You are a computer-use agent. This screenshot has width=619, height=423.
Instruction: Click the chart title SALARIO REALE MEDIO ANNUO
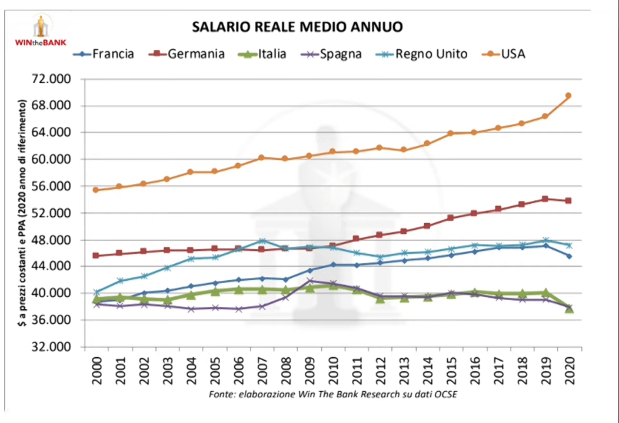[x=298, y=27]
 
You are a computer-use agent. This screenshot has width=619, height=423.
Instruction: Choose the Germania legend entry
[x=187, y=54]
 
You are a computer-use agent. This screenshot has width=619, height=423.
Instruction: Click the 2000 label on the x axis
[x=96, y=370]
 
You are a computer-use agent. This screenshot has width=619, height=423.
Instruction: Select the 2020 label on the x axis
[x=569, y=370]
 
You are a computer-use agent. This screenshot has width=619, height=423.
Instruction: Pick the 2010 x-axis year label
[x=332, y=370]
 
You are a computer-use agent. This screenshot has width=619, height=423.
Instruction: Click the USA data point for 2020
[x=568, y=95]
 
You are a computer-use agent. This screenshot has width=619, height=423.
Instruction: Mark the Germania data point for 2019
[x=545, y=199]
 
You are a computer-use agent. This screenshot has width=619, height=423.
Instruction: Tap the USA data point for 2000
[x=95, y=190]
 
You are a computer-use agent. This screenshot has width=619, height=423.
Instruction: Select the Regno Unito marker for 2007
[x=261, y=241]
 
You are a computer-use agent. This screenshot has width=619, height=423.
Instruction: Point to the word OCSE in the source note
[x=444, y=394]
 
